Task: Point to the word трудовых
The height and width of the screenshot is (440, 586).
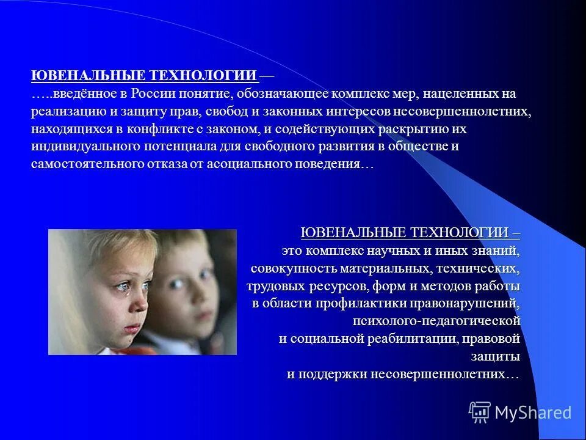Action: point(272,286)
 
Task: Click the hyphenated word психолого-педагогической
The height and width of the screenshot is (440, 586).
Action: point(436,321)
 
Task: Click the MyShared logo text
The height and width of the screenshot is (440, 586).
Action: point(532,413)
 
